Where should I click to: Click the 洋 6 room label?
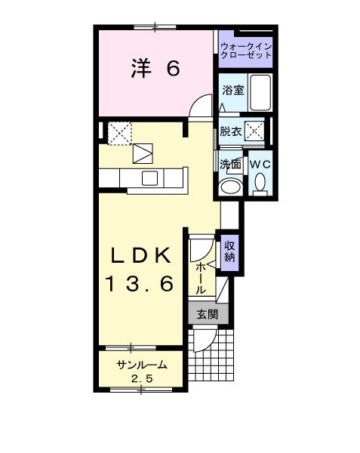(x=154, y=69)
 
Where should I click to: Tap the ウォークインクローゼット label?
(x=245, y=51)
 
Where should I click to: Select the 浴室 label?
(x=232, y=90)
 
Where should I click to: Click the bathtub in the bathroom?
(x=260, y=93)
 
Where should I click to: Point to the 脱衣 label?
(x=231, y=131)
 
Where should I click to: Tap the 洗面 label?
(x=230, y=163)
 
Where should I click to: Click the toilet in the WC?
(x=260, y=182)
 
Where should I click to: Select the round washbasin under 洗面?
(x=231, y=186)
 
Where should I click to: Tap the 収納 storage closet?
(x=229, y=251)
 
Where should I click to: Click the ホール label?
(x=201, y=278)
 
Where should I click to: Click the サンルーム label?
(x=141, y=365)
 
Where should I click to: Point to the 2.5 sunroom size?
(x=141, y=378)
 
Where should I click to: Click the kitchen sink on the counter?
(x=149, y=178)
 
